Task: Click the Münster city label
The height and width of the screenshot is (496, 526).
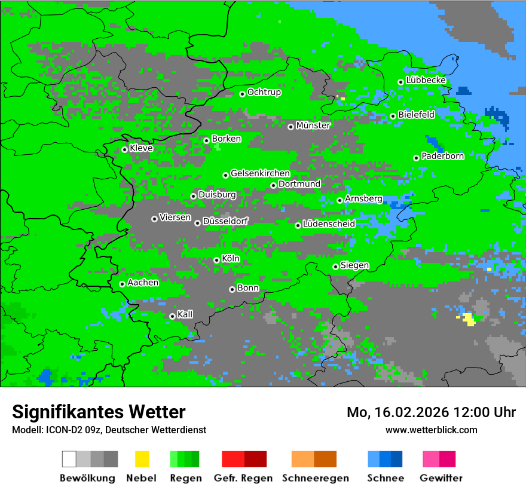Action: [x=313, y=125]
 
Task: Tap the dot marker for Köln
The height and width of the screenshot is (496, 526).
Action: [x=216, y=260]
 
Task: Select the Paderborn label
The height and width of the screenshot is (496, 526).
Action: [x=442, y=156]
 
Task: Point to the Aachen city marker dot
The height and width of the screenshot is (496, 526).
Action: [x=122, y=284]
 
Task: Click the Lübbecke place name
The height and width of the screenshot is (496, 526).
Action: [x=426, y=80]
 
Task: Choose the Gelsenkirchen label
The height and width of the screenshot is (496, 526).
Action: [x=260, y=173]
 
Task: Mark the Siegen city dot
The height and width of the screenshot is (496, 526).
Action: [x=335, y=267]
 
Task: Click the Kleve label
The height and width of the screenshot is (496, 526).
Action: [x=141, y=148]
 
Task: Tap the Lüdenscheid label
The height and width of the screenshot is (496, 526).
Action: [x=329, y=224]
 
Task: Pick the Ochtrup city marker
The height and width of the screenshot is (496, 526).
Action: [x=242, y=94]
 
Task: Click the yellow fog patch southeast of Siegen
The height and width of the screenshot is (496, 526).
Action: [x=469, y=319]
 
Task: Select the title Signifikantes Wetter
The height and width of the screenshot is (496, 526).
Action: [x=99, y=412]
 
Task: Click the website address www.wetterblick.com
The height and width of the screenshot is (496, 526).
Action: [x=431, y=430]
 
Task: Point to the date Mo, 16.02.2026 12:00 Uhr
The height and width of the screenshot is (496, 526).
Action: [x=431, y=412]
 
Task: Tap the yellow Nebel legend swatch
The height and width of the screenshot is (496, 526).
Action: [x=142, y=459]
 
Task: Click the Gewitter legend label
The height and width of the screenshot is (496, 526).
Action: [x=441, y=478]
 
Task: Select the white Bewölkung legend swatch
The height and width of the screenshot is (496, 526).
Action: [x=69, y=459]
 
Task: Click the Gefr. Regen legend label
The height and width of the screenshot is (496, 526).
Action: [x=243, y=478]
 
